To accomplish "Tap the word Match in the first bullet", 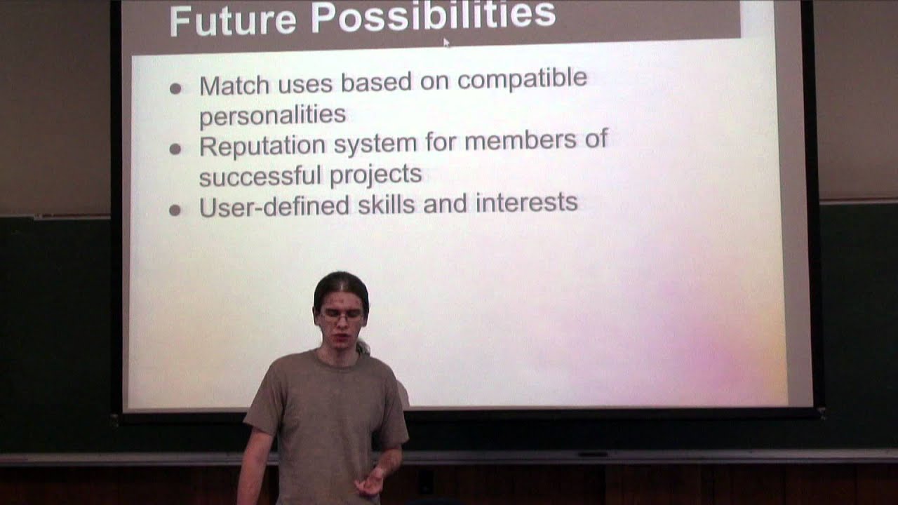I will click(234, 86).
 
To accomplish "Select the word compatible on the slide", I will click(522, 78).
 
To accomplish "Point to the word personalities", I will click(272, 115).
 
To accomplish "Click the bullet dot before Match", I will click(175, 88).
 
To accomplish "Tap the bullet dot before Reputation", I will click(175, 149).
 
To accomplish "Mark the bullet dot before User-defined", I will click(175, 210).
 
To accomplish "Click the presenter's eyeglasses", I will click(342, 317).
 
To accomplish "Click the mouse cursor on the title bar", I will click(446, 42).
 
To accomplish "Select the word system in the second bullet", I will click(375, 143).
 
